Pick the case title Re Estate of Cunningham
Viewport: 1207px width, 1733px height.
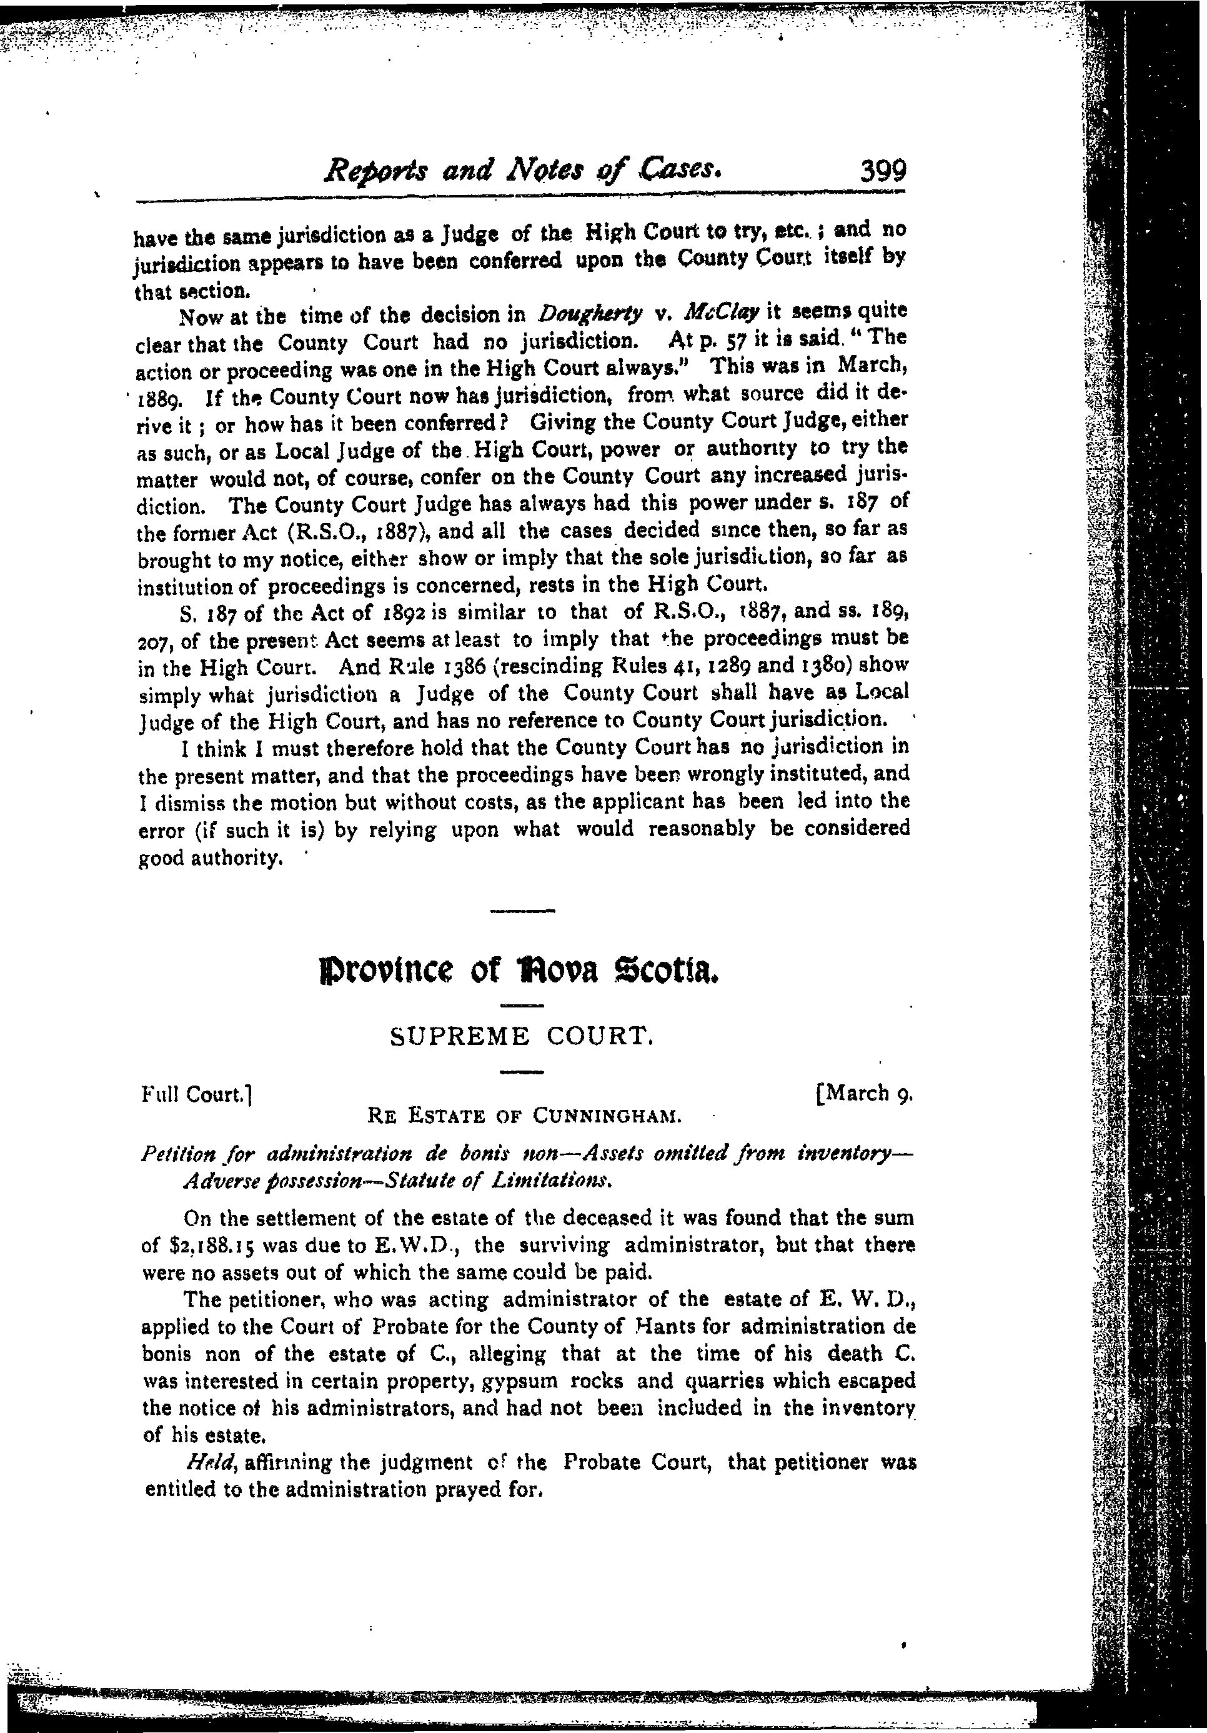[524, 1115]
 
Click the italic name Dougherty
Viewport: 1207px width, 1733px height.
[590, 313]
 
